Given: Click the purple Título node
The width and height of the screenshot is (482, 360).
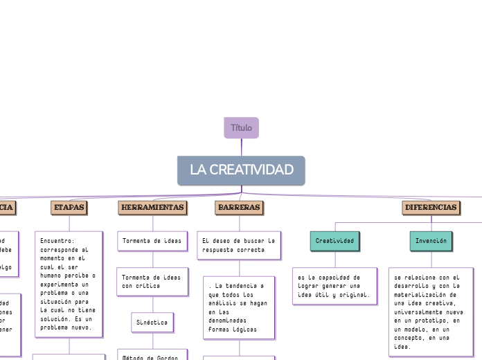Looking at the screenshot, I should (x=241, y=128).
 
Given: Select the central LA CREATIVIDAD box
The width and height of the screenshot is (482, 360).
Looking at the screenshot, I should (x=241, y=170).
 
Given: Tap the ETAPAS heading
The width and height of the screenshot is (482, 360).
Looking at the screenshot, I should (x=69, y=207).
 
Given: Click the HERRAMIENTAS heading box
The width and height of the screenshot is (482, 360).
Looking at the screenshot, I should (x=152, y=207).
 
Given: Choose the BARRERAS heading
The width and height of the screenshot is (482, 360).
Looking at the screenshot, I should (x=239, y=207).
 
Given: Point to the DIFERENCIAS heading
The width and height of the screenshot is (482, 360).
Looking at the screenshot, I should (x=431, y=207).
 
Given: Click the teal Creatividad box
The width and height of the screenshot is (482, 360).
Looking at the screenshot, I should (x=334, y=241).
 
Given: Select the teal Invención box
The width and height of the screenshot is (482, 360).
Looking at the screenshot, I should (x=431, y=241).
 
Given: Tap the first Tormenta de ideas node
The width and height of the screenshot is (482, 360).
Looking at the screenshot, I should (x=152, y=241).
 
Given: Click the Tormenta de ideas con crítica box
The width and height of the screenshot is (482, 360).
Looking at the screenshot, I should (x=152, y=280).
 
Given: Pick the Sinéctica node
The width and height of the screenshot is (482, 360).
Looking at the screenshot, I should (x=152, y=322).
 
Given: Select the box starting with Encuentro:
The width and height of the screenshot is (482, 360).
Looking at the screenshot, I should (x=69, y=284).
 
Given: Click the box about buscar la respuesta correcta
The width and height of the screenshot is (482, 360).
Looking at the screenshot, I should (x=239, y=245).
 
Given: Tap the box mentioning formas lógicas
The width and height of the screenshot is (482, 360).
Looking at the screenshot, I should (x=239, y=307).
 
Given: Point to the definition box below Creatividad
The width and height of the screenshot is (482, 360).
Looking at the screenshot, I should (x=334, y=286).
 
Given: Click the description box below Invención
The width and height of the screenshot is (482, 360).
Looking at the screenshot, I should (x=431, y=312).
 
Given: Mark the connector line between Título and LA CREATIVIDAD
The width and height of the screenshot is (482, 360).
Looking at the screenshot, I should (x=242, y=147).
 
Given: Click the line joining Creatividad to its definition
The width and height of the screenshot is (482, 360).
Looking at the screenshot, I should (x=335, y=259).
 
